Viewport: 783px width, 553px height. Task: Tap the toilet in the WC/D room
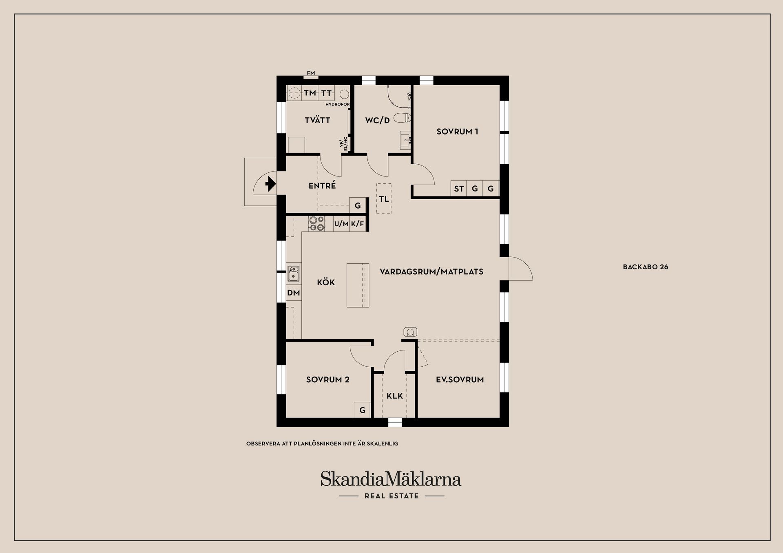(404, 118)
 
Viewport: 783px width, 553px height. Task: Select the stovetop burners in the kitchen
(316, 224)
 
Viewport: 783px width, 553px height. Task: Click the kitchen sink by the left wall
(293, 273)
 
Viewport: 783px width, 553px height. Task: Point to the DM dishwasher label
(294, 293)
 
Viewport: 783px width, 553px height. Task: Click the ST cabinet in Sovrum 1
(459, 189)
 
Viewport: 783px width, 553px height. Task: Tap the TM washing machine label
(310, 93)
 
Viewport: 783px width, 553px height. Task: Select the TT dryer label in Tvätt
(326, 93)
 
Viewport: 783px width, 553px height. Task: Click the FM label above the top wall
(311, 73)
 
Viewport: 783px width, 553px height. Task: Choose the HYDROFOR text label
(337, 104)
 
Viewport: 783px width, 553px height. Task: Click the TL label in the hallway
(384, 199)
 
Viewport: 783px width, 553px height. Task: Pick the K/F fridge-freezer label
(357, 224)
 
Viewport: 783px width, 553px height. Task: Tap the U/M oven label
(341, 224)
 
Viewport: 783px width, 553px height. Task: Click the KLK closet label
(395, 396)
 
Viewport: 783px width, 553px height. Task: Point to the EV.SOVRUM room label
(460, 379)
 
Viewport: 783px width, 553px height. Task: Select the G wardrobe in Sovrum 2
(362, 410)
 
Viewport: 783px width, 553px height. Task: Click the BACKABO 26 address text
(646, 267)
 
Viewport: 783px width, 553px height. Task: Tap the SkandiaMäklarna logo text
(391, 479)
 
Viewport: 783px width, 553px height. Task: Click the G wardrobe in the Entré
(358, 205)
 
